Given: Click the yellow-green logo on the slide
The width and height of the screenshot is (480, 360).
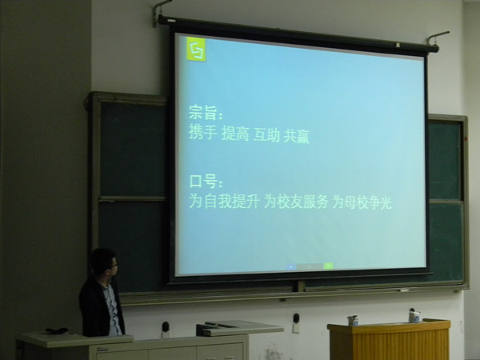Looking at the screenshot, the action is click(196, 49).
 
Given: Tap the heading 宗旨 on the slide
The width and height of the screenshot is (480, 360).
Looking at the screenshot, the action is click(203, 113).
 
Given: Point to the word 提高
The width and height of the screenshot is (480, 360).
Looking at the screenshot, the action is click(235, 134).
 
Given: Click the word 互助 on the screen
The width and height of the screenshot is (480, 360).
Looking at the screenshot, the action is click(266, 135).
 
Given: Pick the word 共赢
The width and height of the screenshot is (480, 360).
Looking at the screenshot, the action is click(297, 137).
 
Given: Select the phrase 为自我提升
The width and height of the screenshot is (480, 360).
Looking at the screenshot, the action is click(224, 201).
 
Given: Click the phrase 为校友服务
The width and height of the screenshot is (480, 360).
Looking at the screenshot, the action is click(296, 202).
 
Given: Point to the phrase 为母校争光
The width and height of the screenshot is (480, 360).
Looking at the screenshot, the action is click(362, 203).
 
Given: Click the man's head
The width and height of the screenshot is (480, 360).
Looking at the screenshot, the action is click(104, 262).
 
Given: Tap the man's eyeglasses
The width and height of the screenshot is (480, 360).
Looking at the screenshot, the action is click(114, 266).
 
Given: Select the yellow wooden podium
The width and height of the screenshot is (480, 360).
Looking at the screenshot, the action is click(390, 340).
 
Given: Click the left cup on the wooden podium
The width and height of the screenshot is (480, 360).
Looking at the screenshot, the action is click(353, 321).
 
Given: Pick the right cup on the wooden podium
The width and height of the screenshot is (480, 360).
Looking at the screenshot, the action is click(414, 316).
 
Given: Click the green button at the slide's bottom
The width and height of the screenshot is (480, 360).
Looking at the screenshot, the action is click(328, 266).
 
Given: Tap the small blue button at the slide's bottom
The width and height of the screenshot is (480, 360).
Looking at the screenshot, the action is click(291, 267).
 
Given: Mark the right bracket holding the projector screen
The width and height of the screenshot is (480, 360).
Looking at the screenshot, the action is click(437, 38).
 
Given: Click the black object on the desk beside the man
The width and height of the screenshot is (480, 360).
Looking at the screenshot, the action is click(57, 330).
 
